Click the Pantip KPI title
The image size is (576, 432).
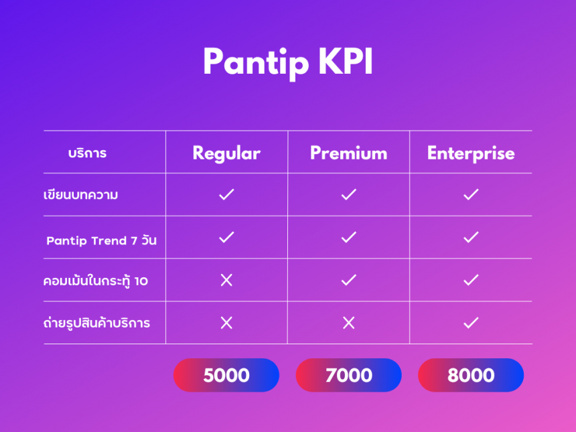point(288,62)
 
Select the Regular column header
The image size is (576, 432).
point(226,153)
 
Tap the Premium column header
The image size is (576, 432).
point(348,153)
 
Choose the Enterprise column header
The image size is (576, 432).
point(471,153)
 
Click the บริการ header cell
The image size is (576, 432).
point(88,153)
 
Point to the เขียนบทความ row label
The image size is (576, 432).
point(81,195)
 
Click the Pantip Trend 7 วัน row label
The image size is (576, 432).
point(101,240)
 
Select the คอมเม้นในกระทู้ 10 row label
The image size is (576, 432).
point(96,281)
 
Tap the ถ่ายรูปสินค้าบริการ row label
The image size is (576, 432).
point(96,323)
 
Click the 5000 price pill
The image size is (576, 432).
point(226,375)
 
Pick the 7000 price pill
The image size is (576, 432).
point(348,375)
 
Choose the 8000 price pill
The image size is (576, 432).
point(471,375)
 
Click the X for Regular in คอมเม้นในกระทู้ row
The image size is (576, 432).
point(226,280)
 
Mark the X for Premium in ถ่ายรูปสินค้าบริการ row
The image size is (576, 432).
point(348,323)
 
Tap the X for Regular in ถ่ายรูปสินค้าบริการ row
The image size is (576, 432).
point(226,323)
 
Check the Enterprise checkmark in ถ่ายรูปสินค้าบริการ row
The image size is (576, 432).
point(471,323)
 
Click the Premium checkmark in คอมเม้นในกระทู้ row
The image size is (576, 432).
point(348,280)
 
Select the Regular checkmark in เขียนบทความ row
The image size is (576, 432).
point(226,194)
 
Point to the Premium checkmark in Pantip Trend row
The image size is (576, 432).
point(348,237)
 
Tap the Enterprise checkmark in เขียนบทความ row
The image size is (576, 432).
point(471,194)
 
